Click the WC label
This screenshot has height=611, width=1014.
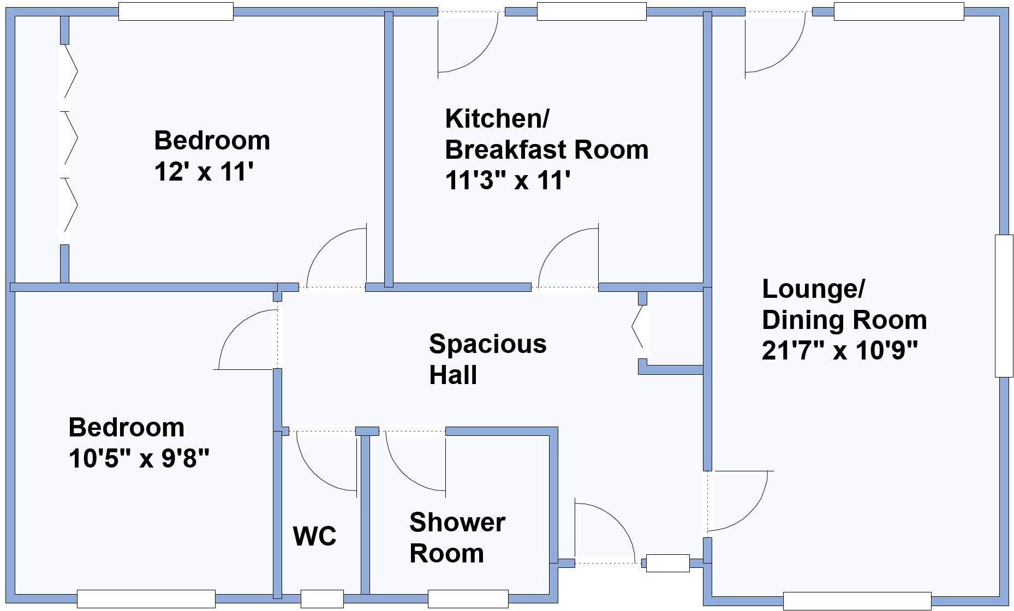(314, 536)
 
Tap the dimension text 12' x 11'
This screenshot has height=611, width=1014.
(204, 172)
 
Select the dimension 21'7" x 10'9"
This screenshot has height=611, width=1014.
(840, 350)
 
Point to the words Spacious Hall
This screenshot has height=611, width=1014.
(487, 359)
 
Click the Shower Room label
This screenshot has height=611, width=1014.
(456, 537)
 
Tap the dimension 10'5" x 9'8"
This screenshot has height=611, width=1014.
(139, 458)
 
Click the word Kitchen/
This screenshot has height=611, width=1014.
(497, 118)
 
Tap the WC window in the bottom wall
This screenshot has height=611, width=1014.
(322, 598)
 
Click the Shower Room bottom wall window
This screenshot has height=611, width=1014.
(468, 598)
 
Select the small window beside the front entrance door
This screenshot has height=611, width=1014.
(667, 563)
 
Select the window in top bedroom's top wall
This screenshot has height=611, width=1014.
(176, 11)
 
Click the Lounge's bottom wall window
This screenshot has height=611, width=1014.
(857, 601)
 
